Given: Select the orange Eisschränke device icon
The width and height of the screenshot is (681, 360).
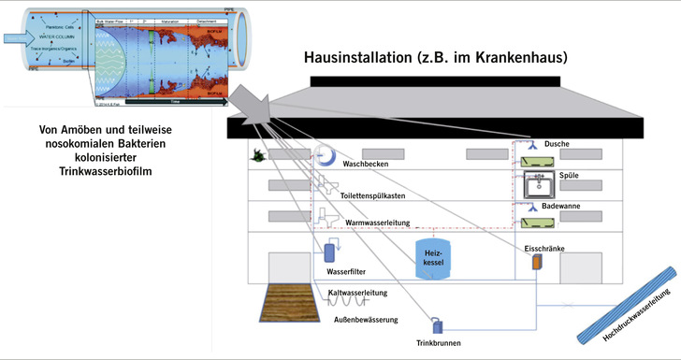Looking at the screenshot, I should [537, 263].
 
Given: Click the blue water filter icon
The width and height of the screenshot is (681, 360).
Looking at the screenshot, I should [330, 252].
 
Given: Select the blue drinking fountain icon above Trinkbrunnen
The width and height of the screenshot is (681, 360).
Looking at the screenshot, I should [436, 325].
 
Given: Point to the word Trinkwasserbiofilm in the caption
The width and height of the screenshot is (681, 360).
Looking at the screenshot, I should [111, 171].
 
